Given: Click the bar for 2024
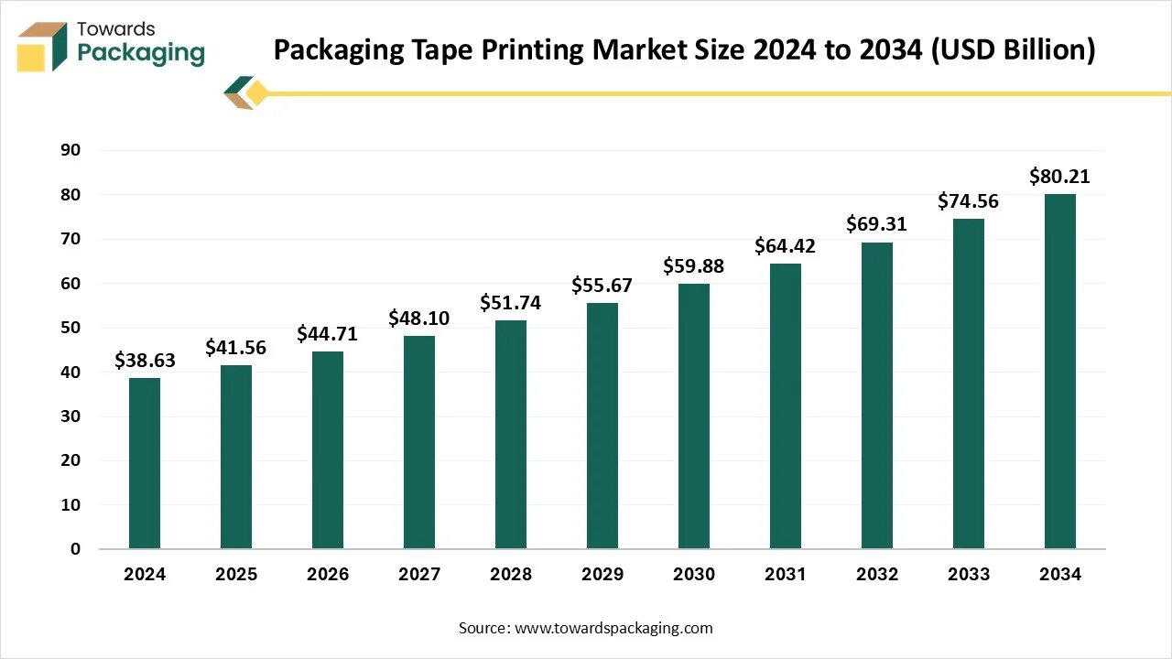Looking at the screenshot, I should pyautogui.click(x=145, y=463).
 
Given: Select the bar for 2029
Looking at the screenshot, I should pyautogui.click(x=602, y=426).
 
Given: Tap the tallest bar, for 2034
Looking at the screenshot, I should pyautogui.click(x=1060, y=371).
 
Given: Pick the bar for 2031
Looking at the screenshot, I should pyautogui.click(x=786, y=405).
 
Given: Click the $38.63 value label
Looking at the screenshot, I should pyautogui.click(x=145, y=361).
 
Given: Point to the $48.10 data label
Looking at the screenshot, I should pyautogui.click(x=419, y=319).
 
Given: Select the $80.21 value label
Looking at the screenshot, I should pyautogui.click(x=1060, y=177).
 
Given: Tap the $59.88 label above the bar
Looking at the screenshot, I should pyautogui.click(x=694, y=266).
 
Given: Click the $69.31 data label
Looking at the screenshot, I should pyautogui.click(x=877, y=224).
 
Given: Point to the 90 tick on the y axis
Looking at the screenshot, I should pyautogui.click(x=71, y=150).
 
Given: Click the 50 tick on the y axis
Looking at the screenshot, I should pyautogui.click(x=71, y=328).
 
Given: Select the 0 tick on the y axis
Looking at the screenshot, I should pyautogui.click(x=76, y=549).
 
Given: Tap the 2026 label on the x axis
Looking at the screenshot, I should pyautogui.click(x=328, y=575).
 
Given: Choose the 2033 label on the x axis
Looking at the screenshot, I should pyautogui.click(x=969, y=575).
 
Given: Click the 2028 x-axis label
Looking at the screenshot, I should pyautogui.click(x=511, y=575).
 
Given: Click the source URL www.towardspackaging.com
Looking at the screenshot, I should pyautogui.click(x=613, y=628).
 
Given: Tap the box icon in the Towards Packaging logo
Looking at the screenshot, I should pyautogui.click(x=42, y=47).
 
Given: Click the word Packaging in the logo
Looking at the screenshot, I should pyautogui.click(x=141, y=53).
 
